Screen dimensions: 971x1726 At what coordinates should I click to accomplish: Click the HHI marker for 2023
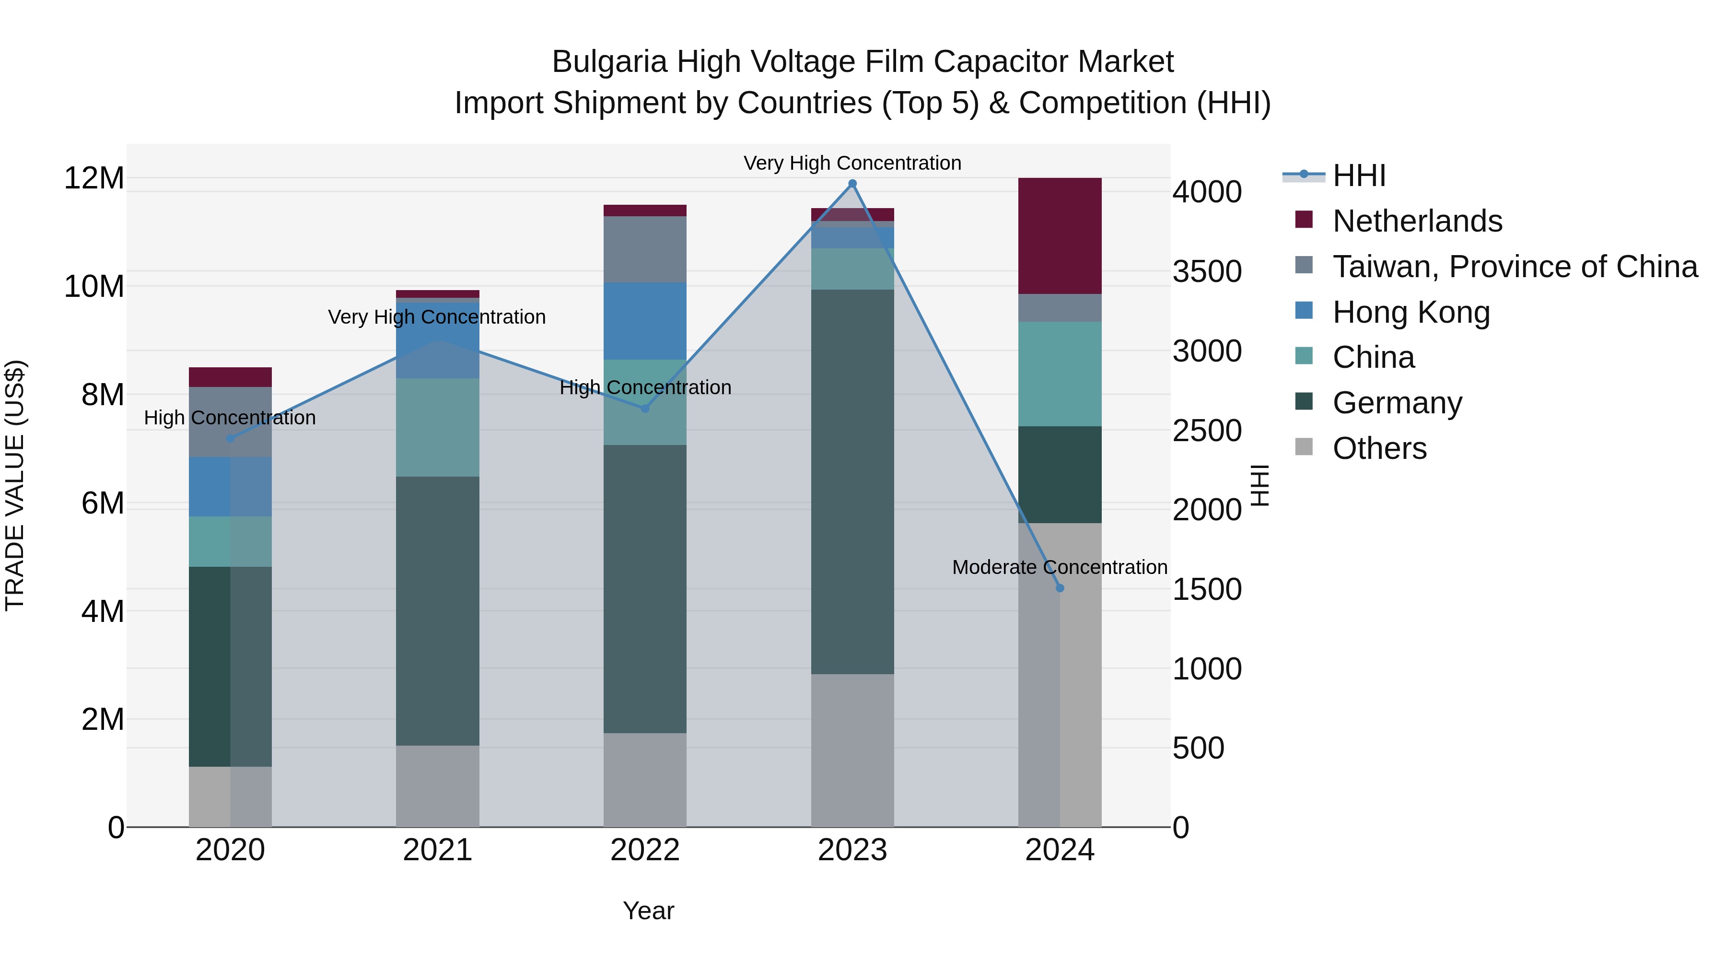(x=852, y=184)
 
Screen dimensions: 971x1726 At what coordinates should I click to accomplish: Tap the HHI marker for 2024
(x=1059, y=588)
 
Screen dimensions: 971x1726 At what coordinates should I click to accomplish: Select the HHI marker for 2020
(x=230, y=438)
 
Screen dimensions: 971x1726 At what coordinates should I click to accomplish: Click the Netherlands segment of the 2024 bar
(x=1059, y=236)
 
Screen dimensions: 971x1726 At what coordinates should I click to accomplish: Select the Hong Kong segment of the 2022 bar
(x=644, y=320)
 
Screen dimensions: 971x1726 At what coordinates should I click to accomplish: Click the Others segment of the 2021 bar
(x=438, y=785)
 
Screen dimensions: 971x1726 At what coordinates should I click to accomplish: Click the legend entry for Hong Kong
(x=1411, y=312)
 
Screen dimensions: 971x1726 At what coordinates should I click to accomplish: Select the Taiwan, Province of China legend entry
(x=1514, y=267)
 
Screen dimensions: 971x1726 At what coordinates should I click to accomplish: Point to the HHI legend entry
(x=1358, y=175)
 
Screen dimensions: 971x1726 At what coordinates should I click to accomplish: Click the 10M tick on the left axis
(x=94, y=287)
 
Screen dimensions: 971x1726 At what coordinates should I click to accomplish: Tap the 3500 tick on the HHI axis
(x=1207, y=271)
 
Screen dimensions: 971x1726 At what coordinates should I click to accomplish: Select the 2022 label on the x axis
(x=644, y=850)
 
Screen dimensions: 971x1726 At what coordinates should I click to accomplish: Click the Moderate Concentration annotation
(x=1059, y=567)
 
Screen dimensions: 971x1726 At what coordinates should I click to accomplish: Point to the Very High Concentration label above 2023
(x=852, y=163)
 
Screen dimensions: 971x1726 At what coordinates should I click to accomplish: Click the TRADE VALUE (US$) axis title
(x=15, y=485)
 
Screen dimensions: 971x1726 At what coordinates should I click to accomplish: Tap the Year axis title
(x=648, y=911)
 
